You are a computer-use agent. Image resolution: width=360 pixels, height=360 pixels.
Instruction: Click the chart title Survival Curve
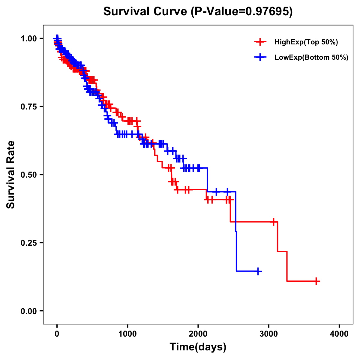click(x=146, y=12)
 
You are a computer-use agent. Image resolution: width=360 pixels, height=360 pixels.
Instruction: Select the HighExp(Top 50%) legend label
click(x=306, y=42)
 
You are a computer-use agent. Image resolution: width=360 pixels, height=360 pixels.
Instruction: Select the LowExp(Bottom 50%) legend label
click(x=311, y=58)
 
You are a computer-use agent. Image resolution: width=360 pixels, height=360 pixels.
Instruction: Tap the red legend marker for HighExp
click(x=260, y=42)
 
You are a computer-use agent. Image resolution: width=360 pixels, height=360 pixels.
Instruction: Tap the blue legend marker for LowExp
click(x=260, y=57)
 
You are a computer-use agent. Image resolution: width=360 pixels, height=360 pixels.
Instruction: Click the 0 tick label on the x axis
click(x=57, y=334)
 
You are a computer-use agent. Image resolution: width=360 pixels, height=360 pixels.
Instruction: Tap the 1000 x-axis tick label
click(x=127, y=334)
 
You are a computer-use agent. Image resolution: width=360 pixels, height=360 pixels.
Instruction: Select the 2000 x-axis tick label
click(x=198, y=334)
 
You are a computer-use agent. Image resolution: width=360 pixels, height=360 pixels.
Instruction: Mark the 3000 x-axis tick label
click(x=269, y=334)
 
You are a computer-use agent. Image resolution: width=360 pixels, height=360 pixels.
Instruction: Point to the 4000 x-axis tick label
click(x=339, y=334)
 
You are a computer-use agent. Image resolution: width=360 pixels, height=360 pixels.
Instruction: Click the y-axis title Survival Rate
click(x=11, y=175)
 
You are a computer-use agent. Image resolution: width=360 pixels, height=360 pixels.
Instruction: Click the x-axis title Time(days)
click(x=198, y=347)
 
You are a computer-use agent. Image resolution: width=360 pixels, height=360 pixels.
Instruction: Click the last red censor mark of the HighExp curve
click(x=316, y=281)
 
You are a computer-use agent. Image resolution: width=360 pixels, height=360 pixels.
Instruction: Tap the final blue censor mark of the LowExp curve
click(x=257, y=271)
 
